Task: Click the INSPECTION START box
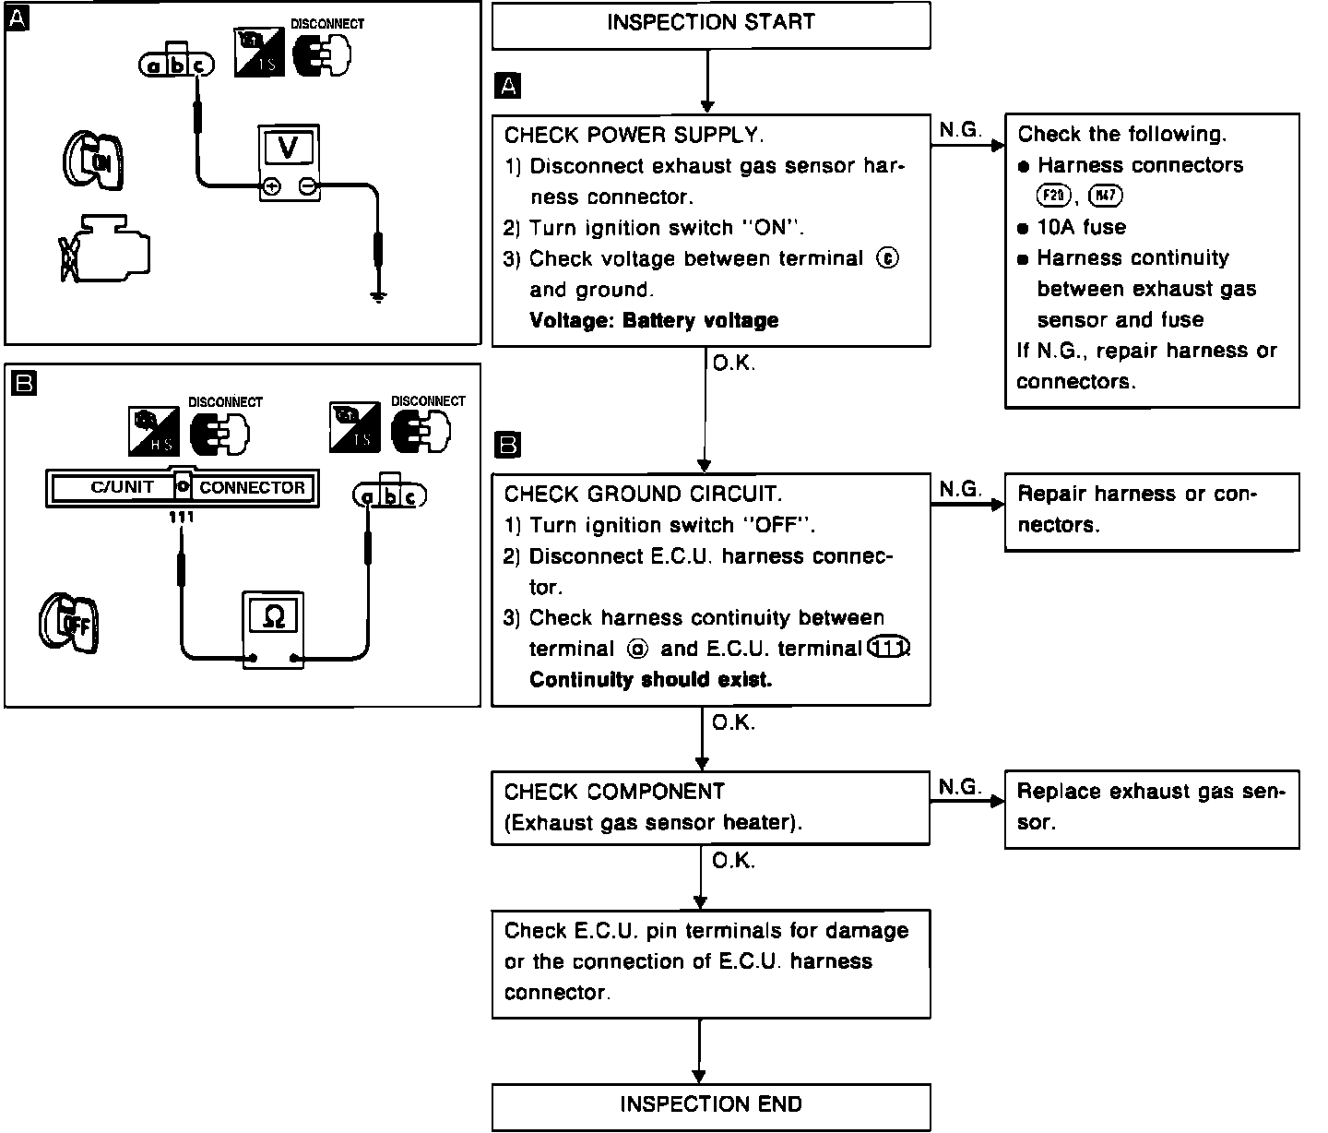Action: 711,24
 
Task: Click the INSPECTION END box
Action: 711,1105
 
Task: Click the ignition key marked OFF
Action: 69,625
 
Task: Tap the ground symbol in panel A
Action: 377,296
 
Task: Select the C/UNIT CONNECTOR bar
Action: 183,488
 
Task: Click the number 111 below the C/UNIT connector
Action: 182,518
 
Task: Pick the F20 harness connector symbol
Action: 1052,196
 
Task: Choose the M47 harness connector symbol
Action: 1105,196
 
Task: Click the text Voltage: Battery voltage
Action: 654,321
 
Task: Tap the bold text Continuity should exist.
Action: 650,680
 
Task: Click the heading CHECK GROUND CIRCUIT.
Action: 643,495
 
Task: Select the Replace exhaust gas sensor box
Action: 1151,808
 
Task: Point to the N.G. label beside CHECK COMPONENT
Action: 960,787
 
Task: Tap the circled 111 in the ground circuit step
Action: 889,648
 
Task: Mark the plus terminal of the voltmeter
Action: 272,188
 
